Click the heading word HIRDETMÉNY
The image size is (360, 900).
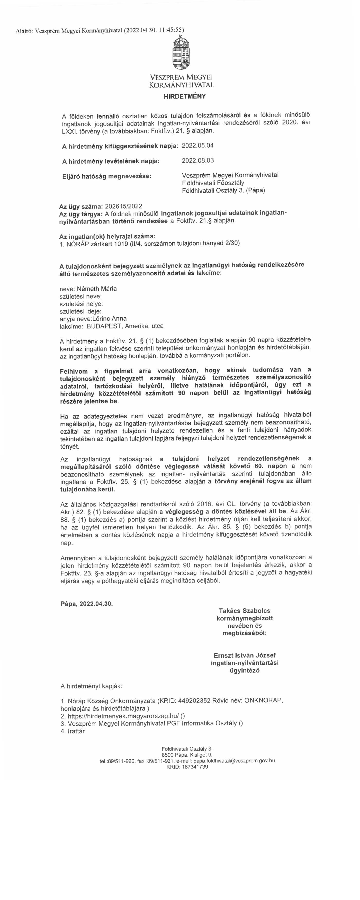[185, 96]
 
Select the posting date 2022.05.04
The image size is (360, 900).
[197, 145]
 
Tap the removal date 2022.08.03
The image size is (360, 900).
[197, 160]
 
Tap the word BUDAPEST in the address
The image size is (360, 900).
[103, 326]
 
